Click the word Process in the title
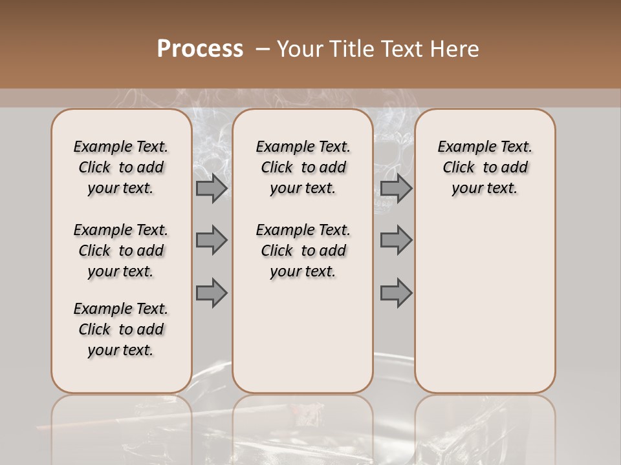point(200,49)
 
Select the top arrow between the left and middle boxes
point(212,189)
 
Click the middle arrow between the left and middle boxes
point(212,240)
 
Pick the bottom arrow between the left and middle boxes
point(212,293)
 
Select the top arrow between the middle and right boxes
point(396,189)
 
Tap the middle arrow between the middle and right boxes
point(396,240)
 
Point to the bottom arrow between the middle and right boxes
point(396,293)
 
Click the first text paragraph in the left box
point(121,167)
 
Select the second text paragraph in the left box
point(121,251)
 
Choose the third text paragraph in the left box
point(121,329)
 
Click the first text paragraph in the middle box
point(303,167)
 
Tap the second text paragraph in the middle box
point(303,251)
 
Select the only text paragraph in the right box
point(485,167)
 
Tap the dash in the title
point(262,49)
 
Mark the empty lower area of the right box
point(485,304)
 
